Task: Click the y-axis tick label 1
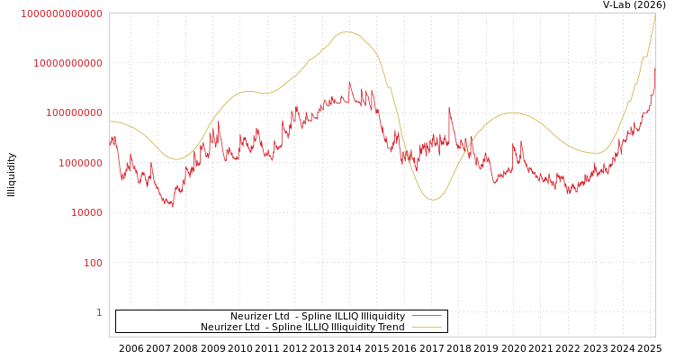tap(100, 312)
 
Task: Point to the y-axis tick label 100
tap(93, 263)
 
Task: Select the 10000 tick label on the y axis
tap(85, 212)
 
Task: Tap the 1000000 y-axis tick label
tap(79, 163)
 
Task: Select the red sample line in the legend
tap(426, 317)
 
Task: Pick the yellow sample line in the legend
tap(426, 328)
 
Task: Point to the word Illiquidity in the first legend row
tap(382, 317)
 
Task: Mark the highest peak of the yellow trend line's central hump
tap(346, 31)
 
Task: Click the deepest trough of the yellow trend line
tap(433, 200)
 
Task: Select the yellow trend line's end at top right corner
tap(654, 15)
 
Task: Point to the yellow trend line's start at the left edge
tap(110, 121)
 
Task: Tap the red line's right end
tap(654, 87)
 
